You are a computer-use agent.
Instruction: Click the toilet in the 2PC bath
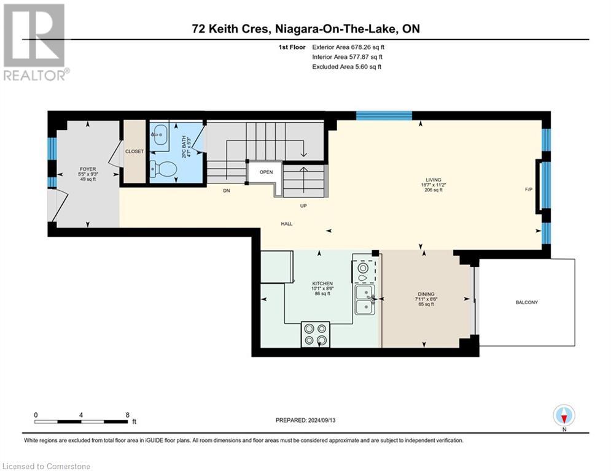tap(163, 169)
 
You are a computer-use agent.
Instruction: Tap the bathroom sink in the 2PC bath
tap(160, 135)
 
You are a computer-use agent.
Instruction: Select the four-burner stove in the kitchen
tap(315, 334)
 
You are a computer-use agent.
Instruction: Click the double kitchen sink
tap(365, 299)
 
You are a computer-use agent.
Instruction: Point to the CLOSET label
tap(134, 151)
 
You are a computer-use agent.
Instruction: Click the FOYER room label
tap(88, 169)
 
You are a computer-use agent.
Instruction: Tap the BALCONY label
tap(527, 302)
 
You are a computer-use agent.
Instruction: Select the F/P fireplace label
tap(529, 190)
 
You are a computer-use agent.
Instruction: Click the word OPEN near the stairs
tap(266, 172)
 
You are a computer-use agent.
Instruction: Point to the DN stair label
tap(227, 191)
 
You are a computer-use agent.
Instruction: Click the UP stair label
tap(303, 206)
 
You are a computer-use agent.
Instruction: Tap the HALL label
tap(287, 224)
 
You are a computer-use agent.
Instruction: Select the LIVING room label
tap(434, 180)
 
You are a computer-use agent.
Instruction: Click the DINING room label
tap(426, 294)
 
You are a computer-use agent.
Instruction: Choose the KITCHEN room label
tap(322, 284)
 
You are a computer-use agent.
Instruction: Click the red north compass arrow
tap(564, 418)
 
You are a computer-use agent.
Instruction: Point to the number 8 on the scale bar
tap(128, 415)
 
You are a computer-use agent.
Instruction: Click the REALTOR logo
tap(36, 42)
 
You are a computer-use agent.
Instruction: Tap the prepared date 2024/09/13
tap(322, 420)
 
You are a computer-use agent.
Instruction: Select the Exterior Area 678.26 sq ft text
tap(348, 47)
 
